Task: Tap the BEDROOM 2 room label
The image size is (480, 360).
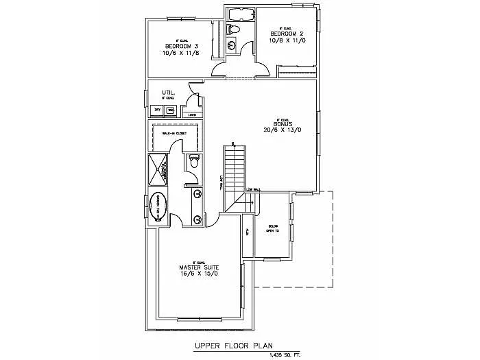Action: (286, 34)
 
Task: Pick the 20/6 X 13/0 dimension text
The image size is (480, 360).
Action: (283, 130)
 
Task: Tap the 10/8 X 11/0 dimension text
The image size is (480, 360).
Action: (286, 40)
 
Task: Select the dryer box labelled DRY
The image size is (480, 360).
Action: (157, 110)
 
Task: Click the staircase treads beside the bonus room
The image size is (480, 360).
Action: (235, 168)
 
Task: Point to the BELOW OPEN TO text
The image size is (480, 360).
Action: (273, 228)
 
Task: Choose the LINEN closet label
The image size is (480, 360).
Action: (183, 115)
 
